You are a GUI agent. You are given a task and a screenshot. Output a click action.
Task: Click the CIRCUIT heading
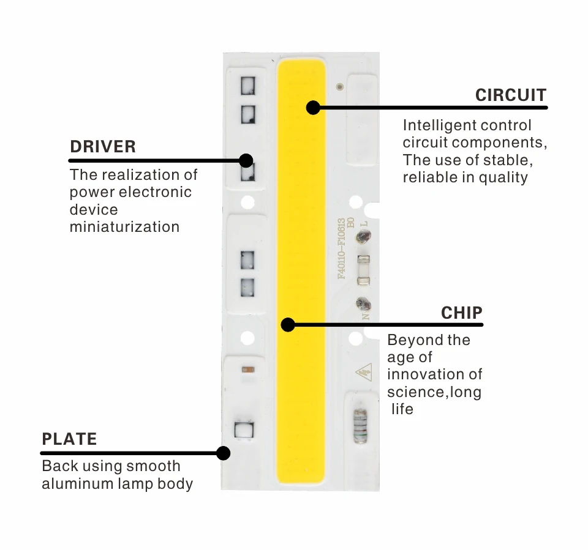coord(510,95)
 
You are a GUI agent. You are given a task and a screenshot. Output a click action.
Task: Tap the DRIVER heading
coord(103,147)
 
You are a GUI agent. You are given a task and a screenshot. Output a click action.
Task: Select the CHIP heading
coord(461,313)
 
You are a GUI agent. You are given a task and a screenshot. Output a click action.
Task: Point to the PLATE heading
coord(69,439)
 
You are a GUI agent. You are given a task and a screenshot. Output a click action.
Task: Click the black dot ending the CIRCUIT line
coord(313,108)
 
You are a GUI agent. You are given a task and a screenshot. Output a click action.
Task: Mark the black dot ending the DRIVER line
coord(246,160)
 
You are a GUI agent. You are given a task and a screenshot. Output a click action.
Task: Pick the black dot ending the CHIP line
coord(288,324)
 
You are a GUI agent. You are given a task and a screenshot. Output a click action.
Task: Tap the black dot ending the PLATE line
coord(224,453)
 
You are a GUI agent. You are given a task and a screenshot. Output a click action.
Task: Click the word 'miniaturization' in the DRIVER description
coord(124,227)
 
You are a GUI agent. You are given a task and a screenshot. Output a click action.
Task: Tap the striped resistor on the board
coord(360,425)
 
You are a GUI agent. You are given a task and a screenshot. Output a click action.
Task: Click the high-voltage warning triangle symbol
coord(362,371)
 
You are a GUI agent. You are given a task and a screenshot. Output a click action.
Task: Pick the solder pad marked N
coord(363,303)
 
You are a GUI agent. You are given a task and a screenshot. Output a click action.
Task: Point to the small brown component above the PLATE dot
coord(248,370)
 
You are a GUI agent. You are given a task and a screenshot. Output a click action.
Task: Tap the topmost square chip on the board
coord(247,86)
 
